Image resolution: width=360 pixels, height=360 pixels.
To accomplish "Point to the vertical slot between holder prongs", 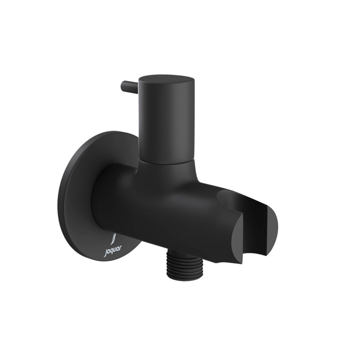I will (x=246, y=240).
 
